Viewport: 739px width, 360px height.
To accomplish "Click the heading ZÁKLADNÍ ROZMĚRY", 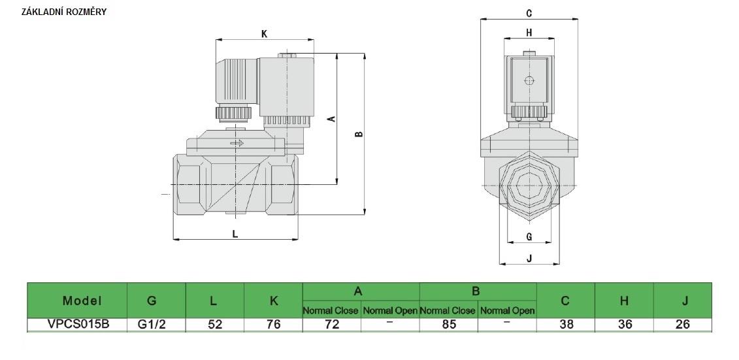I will [x=64, y=12].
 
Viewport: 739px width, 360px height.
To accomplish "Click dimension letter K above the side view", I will [x=264, y=35].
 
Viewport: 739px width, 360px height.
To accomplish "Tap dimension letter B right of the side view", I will [x=359, y=135].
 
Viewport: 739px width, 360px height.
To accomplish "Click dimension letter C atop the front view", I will [x=529, y=13].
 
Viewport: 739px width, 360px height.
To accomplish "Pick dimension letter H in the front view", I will [x=529, y=32].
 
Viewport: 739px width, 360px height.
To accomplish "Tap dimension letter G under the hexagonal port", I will [x=529, y=236].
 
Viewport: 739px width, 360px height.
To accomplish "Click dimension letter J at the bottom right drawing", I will [x=529, y=258].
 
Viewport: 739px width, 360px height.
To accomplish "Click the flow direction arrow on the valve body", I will [x=237, y=144].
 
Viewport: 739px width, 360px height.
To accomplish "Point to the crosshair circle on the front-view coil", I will [x=529, y=82].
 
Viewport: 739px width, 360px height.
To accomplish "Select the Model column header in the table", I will [x=82, y=301].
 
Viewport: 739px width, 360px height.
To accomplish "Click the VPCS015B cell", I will [x=78, y=325].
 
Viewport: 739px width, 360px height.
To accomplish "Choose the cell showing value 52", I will [x=215, y=325].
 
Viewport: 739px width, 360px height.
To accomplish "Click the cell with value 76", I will [x=273, y=325].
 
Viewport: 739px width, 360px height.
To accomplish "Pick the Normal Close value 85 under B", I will [x=448, y=325].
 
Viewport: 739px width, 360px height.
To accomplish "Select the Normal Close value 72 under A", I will [x=332, y=325].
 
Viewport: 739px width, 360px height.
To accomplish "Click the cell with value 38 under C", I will [x=567, y=325].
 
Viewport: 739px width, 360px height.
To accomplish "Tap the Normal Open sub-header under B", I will [x=507, y=311].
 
